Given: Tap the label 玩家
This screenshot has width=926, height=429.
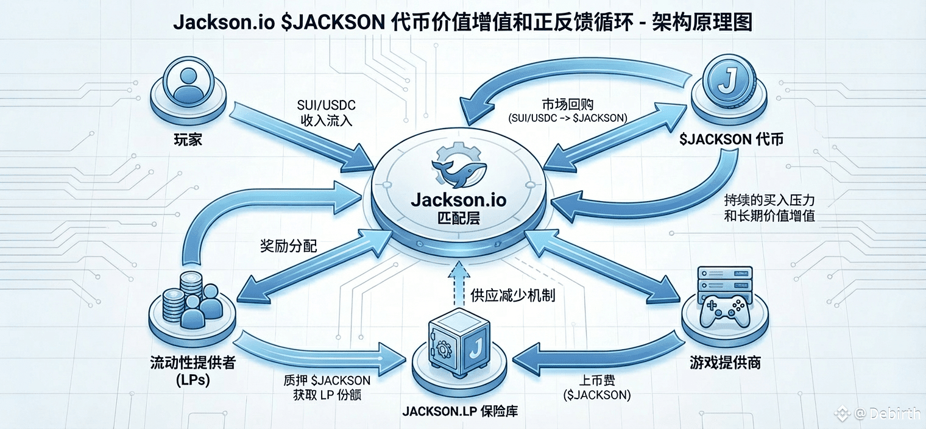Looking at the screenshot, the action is (188, 140).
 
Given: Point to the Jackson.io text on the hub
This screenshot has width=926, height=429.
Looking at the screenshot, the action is (459, 200).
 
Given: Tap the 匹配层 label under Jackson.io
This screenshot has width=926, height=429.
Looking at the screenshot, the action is (459, 218).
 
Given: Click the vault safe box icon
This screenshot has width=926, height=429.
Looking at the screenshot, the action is (459, 342).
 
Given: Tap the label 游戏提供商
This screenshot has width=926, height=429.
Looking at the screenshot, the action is (725, 363).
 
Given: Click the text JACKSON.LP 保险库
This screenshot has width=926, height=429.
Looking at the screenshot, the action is (460, 411).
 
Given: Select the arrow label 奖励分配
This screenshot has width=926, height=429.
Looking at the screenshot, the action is (289, 246).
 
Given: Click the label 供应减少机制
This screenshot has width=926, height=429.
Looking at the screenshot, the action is (512, 296).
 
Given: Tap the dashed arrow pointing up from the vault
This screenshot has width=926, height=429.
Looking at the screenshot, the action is (459, 284).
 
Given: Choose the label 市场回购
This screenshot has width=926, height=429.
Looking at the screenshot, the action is (568, 104).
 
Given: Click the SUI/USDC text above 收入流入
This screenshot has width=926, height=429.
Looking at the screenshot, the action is (326, 105).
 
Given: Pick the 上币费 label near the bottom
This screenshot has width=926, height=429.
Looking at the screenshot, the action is (597, 380).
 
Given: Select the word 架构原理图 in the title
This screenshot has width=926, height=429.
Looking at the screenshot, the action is (702, 22).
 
